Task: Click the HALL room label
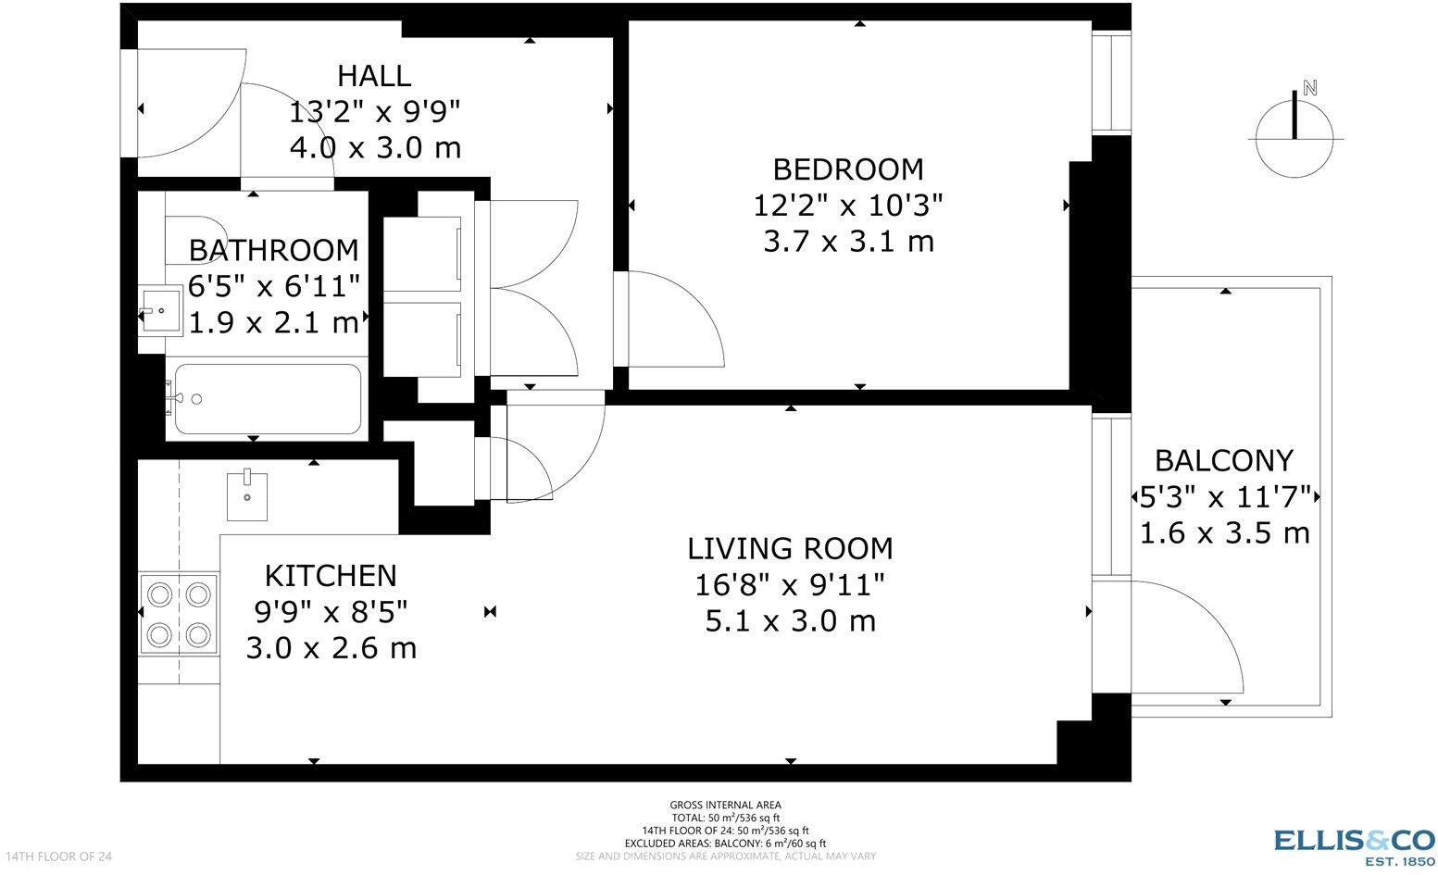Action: (374, 76)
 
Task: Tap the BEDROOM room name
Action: (848, 169)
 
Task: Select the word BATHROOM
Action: (273, 250)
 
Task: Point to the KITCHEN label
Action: (331, 576)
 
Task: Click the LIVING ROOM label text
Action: (790, 549)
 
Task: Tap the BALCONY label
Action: (1223, 461)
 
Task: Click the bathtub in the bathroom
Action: (268, 399)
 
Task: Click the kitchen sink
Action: (247, 495)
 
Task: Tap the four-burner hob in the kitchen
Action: (179, 615)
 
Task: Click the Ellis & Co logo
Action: (1354, 846)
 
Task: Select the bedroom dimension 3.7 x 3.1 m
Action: (848, 242)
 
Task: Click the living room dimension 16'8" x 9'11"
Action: (790, 585)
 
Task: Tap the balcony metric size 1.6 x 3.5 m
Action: (1224, 532)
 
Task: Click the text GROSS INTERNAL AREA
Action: (725, 805)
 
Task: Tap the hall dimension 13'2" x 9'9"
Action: (375, 112)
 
